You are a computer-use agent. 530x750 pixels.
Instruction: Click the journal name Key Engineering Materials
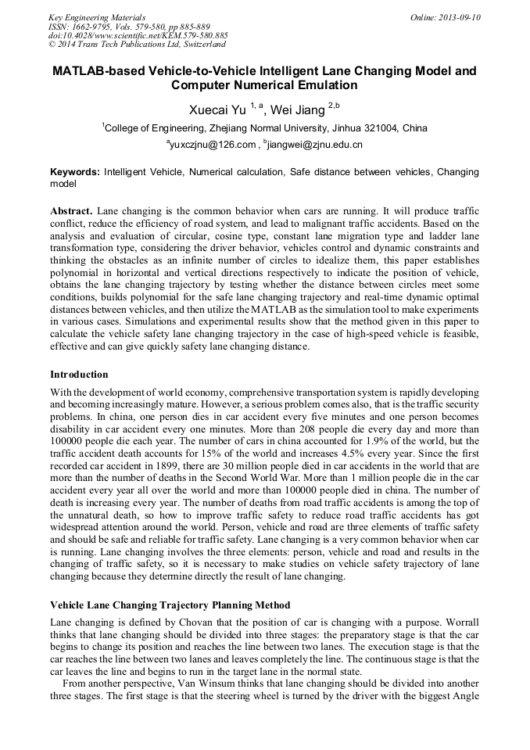(97, 16)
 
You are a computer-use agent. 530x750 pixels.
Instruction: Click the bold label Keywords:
(75, 171)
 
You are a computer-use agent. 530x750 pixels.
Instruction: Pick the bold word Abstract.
(71, 212)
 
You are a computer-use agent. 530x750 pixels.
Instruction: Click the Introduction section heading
(79, 375)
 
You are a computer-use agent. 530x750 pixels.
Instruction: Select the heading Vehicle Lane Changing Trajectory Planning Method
(170, 605)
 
